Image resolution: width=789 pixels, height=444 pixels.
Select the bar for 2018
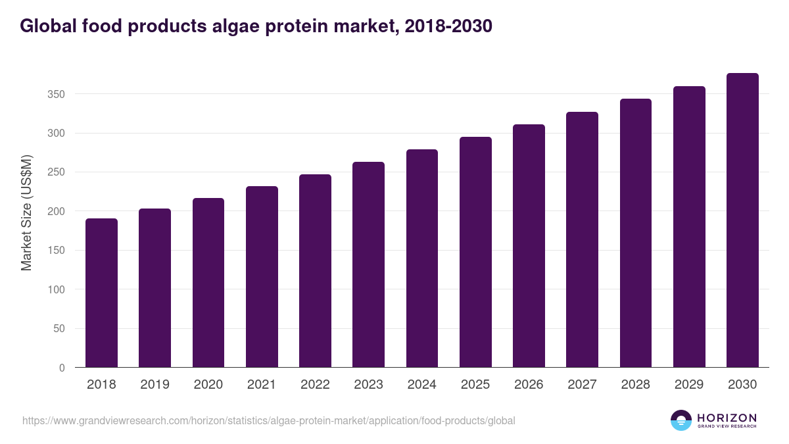(x=101, y=293)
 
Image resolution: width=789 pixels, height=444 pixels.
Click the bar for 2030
(x=742, y=220)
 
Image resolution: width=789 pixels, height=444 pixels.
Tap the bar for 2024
(x=422, y=259)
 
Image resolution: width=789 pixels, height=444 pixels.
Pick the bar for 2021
(x=262, y=277)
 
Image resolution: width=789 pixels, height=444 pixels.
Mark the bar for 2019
(x=155, y=288)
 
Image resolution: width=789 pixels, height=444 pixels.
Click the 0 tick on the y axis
(x=62, y=368)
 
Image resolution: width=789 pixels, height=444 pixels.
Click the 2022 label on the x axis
(x=315, y=385)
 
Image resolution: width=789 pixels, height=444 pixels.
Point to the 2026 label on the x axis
(x=529, y=385)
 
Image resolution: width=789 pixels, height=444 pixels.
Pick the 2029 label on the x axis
(x=689, y=385)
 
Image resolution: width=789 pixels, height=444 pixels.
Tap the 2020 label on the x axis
(x=208, y=385)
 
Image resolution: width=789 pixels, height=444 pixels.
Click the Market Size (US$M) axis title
(x=26, y=212)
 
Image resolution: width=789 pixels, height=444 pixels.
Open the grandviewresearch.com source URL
(x=268, y=420)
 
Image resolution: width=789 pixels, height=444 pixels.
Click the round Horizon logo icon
(x=681, y=420)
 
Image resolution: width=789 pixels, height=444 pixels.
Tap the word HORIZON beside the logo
(x=727, y=418)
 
